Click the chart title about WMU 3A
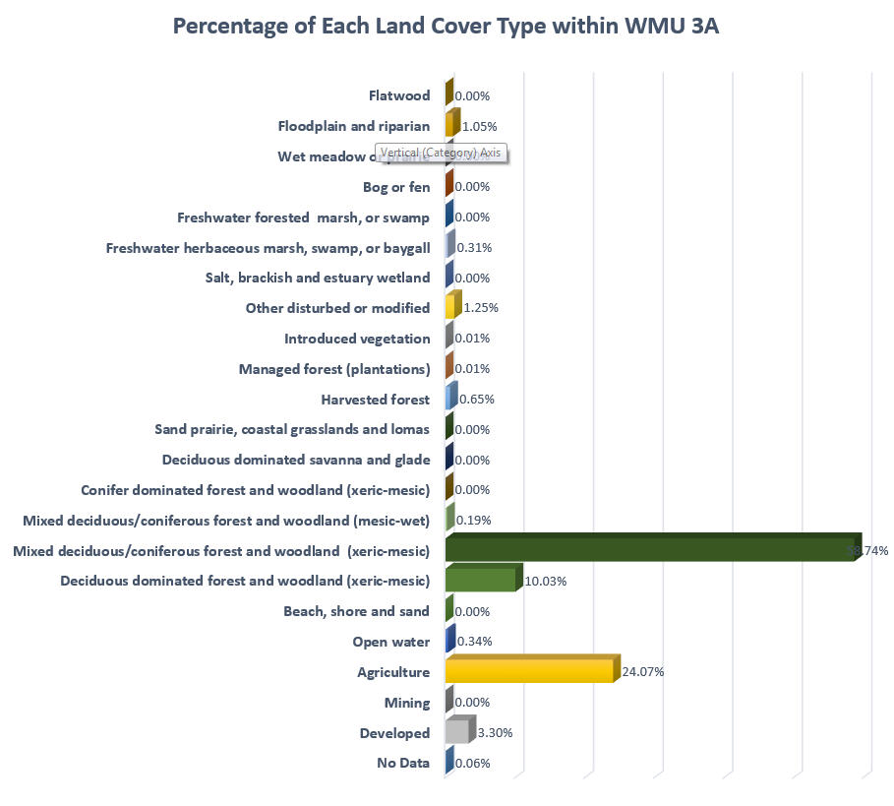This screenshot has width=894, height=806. coord(447,27)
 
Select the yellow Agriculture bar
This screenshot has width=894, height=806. coord(530,671)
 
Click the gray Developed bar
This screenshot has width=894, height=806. coord(456,732)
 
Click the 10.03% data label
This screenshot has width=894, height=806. coord(546,581)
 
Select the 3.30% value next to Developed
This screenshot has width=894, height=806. coord(493,733)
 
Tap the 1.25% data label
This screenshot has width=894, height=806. coord(481,308)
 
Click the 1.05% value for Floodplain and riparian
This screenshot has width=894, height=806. coord(479,127)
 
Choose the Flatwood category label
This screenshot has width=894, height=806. coord(399,95)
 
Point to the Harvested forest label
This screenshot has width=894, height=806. coord(375,400)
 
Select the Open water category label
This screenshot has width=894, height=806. coord(390,642)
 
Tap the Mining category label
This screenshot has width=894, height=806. coord(407,703)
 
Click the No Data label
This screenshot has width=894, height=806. coord(403,763)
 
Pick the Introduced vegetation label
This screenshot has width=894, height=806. coord(357,339)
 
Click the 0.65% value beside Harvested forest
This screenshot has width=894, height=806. coord(476,400)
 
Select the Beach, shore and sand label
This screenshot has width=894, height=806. coord(356,611)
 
